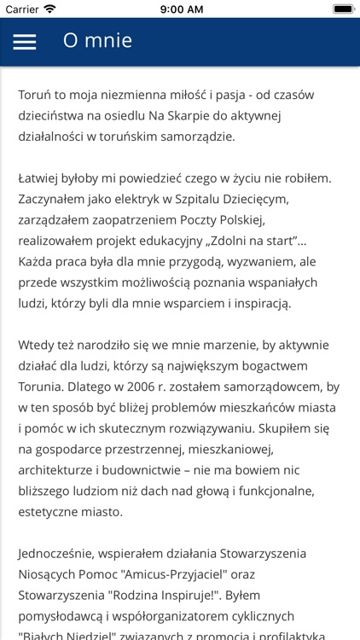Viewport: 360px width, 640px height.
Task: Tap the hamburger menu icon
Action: pos(25,42)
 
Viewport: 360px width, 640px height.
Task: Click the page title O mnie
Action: pos(97,41)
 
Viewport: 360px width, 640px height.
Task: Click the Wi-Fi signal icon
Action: pos(49,9)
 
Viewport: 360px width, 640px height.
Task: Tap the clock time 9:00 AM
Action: pos(179,9)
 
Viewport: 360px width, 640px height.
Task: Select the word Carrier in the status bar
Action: pos(21,9)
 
